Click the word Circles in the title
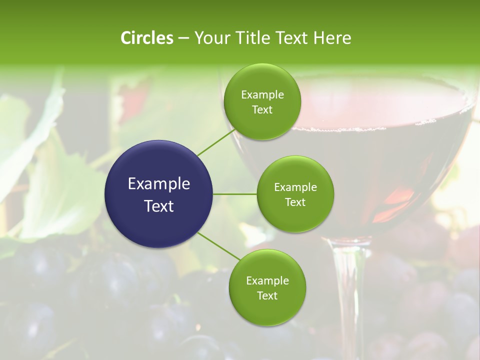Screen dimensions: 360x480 [x=146, y=38]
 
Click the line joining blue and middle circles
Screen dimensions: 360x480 [x=235, y=193]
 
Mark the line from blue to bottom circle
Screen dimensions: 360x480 [x=219, y=246]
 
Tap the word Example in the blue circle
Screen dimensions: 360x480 [x=159, y=184]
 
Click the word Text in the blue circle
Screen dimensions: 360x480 [x=159, y=206]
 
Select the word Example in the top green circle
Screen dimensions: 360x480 [x=262, y=95]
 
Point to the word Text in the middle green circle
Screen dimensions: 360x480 [x=295, y=202]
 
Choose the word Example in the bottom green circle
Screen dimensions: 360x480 [x=267, y=281]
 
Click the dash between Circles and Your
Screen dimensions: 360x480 [x=183, y=38]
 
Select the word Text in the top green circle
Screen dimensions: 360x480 [x=262, y=110]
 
